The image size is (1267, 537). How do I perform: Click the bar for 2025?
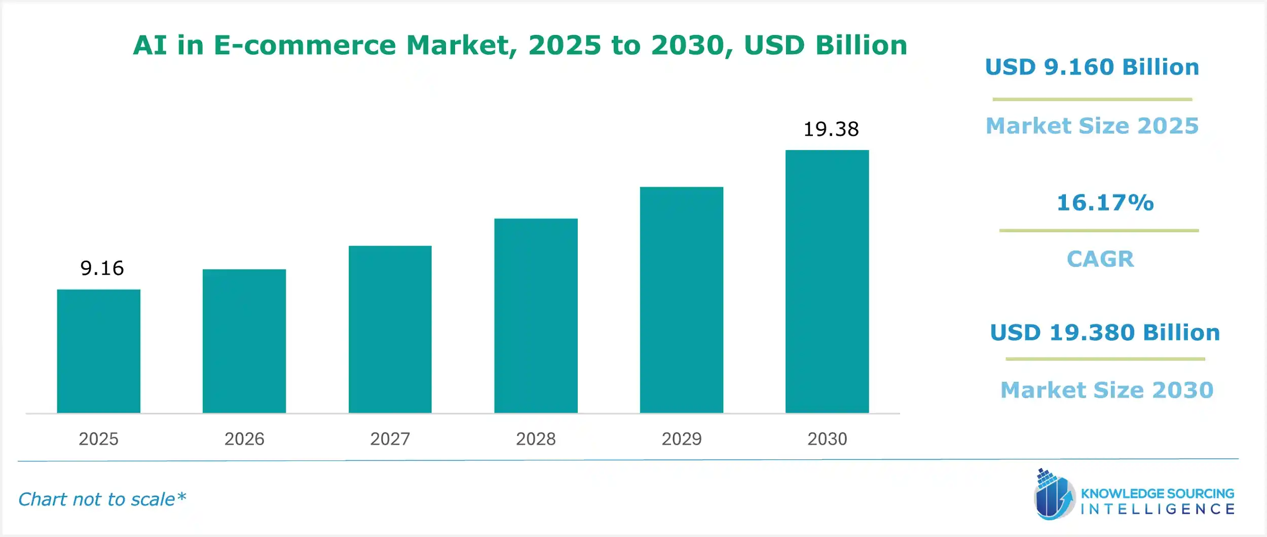coord(98,351)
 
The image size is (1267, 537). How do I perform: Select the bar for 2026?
coord(244,341)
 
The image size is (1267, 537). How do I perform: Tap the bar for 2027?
coord(390,329)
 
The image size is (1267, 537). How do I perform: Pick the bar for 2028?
coord(536,315)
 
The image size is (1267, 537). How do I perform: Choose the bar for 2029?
coord(681,300)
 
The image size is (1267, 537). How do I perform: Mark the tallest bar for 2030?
coord(827,281)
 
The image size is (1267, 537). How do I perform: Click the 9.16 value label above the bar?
coord(102,268)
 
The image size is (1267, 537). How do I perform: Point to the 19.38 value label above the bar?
coord(831,129)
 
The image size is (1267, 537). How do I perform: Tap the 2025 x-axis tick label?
coord(98,439)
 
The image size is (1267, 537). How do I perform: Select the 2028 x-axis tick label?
coord(536,439)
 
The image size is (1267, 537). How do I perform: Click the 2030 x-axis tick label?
coord(827,439)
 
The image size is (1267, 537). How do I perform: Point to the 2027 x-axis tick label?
coord(390,439)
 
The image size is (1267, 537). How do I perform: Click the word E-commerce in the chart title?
coord(305,46)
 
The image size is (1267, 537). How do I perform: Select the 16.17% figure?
coord(1105,203)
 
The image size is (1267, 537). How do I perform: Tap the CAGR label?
coord(1100,259)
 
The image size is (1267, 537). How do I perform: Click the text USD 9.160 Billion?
coord(1092,67)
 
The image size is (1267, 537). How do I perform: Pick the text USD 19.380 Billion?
coord(1105,333)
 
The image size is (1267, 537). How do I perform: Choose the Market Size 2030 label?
coord(1107,390)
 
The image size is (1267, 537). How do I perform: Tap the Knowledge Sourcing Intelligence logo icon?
coord(1054,495)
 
